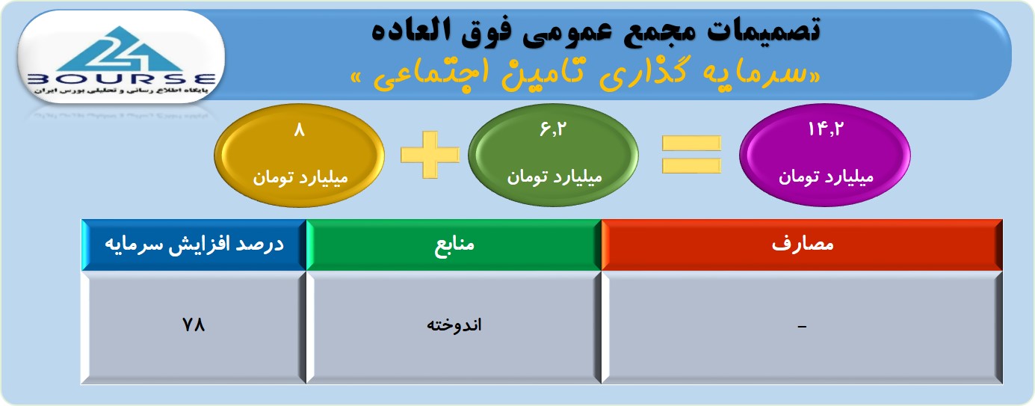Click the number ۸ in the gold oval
click(x=300, y=130)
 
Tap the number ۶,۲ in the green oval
click(x=553, y=129)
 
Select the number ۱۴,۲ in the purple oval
click(x=825, y=129)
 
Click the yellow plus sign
click(x=430, y=155)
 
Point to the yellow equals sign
click(x=691, y=155)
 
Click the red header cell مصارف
click(x=802, y=244)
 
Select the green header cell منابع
click(x=454, y=244)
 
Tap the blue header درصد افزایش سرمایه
click(x=194, y=244)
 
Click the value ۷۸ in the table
click(x=194, y=325)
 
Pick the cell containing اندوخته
click(x=454, y=327)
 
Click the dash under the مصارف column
click(x=802, y=327)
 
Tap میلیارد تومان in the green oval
click(x=554, y=177)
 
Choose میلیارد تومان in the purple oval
click(x=826, y=177)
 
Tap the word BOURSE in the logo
click(x=122, y=79)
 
